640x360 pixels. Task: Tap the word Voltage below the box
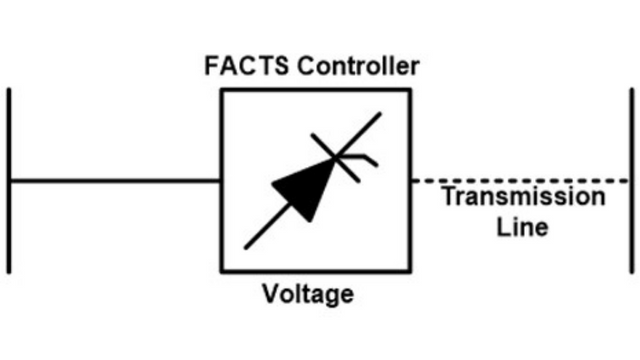[308, 296]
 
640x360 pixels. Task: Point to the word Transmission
[523, 196]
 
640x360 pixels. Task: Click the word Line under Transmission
[523, 227]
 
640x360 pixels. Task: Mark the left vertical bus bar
[10, 180]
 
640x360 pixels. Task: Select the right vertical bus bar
[631, 180]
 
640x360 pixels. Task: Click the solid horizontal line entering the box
[115, 181]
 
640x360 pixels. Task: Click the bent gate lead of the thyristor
[365, 159]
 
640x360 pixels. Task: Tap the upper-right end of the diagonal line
[380, 114]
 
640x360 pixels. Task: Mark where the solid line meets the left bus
[11, 181]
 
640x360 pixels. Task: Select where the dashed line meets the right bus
[630, 181]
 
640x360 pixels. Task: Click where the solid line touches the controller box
[221, 181]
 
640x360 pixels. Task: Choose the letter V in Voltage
[270, 296]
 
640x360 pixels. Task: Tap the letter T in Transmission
[448, 196]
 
